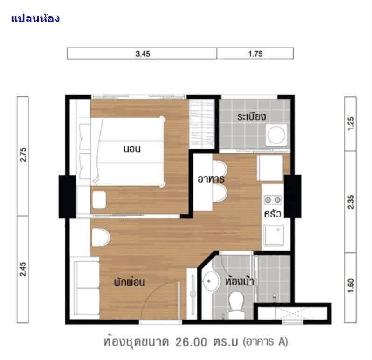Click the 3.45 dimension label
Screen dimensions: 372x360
143,54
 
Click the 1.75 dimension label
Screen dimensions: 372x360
255,54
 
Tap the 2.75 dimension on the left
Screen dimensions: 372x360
23,155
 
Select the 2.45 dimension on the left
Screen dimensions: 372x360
23,269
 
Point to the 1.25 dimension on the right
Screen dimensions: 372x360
351,123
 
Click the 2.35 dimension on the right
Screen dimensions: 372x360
351,202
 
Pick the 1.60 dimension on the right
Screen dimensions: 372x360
351,285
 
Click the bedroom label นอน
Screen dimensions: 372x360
132,149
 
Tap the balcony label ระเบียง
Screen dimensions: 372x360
251,116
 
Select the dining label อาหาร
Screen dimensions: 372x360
211,179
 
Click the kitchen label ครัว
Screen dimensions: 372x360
273,214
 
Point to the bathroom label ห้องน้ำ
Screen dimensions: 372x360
240,281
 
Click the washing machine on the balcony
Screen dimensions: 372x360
276,135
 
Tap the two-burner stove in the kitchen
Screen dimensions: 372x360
273,200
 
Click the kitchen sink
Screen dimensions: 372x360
274,235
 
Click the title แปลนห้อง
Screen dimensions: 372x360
35,19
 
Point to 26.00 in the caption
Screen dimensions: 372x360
191,342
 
